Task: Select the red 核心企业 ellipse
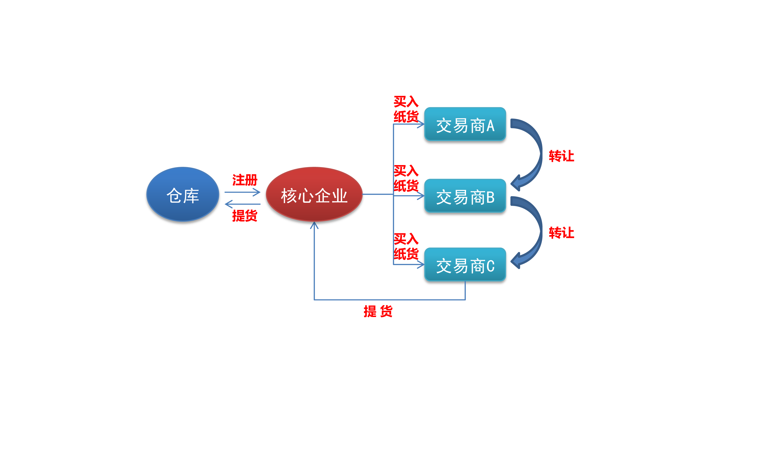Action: (x=314, y=194)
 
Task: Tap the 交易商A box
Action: (x=465, y=124)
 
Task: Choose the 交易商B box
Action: (x=465, y=196)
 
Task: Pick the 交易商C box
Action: (x=465, y=264)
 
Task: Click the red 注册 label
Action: (x=245, y=180)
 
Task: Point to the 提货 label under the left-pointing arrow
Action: (x=245, y=216)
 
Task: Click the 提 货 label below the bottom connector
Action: (x=378, y=311)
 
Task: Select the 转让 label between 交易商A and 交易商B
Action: (x=561, y=156)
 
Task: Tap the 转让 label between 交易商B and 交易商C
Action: (x=561, y=233)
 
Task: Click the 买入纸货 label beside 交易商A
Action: (x=406, y=109)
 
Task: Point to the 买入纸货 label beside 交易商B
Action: (x=406, y=178)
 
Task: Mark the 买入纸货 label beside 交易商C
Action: (x=406, y=246)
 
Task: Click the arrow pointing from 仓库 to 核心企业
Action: (x=242, y=192)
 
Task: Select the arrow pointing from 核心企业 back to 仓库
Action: (x=242, y=204)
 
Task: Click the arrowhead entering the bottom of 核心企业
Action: (x=314, y=225)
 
